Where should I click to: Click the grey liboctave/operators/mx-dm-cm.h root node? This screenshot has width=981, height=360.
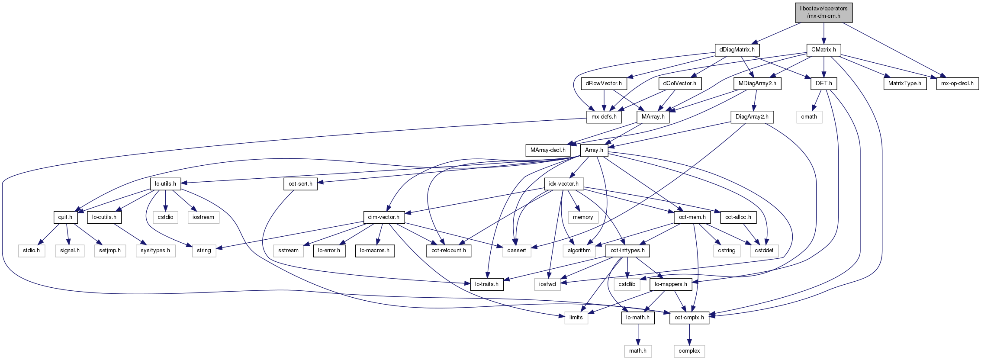823,12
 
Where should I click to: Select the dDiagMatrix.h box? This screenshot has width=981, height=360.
737,50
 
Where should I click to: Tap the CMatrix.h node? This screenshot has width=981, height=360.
823,50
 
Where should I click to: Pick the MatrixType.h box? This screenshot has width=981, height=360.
905,84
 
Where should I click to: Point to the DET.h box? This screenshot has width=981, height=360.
824,84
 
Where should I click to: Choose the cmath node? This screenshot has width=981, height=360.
809,117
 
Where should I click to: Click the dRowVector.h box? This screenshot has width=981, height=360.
604,84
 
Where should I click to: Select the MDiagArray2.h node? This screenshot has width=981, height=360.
757,84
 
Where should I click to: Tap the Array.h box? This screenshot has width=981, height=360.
594,150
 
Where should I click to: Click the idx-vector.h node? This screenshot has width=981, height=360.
564,184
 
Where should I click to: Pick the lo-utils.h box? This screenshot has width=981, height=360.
165,184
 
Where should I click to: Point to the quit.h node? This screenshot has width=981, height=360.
65,217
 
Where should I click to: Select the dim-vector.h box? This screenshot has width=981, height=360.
384,217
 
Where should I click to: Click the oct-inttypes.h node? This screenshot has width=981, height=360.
627,251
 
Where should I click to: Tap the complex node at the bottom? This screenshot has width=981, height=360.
689,351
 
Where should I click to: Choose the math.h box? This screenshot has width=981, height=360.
638,351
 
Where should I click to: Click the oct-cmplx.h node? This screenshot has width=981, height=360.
689,318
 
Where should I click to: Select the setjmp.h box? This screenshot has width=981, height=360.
110,251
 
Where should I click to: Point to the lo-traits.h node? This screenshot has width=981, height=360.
487,284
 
